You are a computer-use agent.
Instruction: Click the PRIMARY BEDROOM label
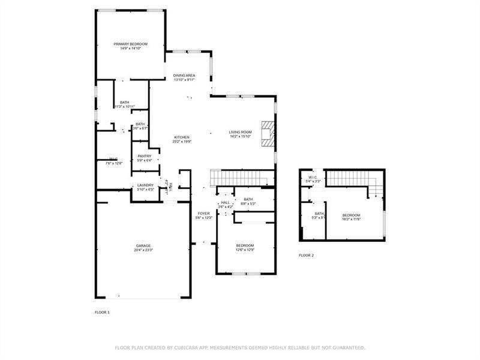pos(131,44)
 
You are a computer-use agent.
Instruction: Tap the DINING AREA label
pos(184,75)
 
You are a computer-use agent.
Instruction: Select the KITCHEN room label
pos(182,137)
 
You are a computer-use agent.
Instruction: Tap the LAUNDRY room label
pos(146,185)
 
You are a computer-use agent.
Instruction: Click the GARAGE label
pos(143,245)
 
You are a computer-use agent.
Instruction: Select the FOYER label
pos(204,213)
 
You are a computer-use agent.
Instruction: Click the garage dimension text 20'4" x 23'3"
pos(143,250)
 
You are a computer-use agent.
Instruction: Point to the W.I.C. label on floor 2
pos(313,177)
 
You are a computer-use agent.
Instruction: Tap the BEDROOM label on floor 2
pos(351,215)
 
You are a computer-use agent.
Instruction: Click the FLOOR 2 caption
pos(306,255)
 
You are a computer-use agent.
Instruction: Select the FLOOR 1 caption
pos(102,313)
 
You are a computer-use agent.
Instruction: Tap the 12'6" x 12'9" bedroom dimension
pos(245,250)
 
